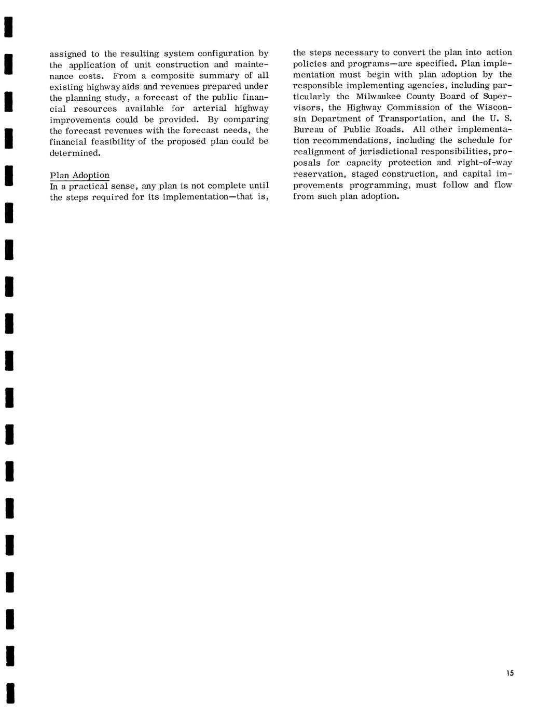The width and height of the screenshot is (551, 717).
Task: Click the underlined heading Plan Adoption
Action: (79, 175)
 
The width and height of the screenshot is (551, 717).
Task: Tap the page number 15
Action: (509, 673)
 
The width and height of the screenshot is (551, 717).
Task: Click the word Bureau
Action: (307, 129)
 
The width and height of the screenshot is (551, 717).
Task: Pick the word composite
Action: (172, 75)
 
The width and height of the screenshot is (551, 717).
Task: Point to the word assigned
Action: (67, 54)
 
